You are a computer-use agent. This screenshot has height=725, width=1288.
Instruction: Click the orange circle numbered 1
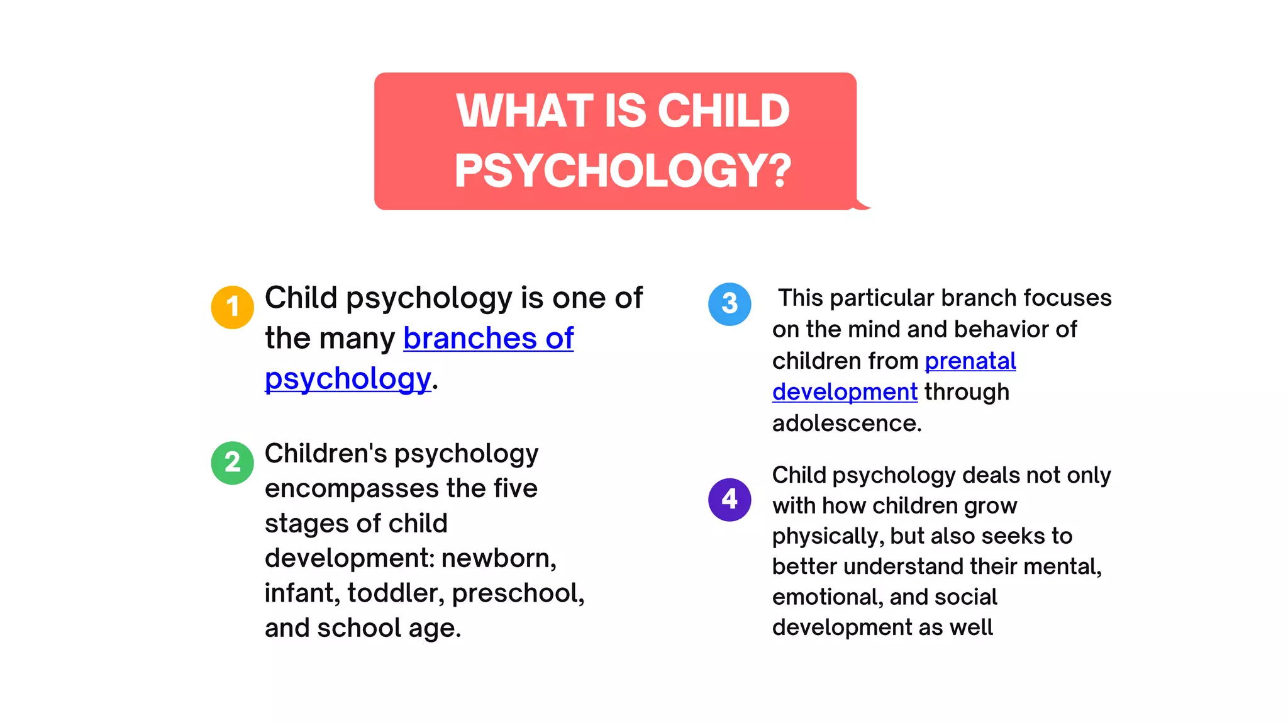pos(232,307)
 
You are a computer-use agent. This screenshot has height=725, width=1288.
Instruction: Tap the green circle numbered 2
pos(232,463)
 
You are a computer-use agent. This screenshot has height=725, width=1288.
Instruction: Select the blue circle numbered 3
pos(730,304)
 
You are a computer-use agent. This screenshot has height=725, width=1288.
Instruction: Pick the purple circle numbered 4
pos(730,500)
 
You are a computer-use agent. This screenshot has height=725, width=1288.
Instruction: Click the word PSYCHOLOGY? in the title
pos(623,171)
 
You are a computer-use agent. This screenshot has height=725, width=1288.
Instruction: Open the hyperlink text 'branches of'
pos(488,339)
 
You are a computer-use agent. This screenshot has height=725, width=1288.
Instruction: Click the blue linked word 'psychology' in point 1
pos(348,379)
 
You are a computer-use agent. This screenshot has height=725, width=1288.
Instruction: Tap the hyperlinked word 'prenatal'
pos(970,361)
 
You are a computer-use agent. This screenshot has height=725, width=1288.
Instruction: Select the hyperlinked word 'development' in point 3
pos(845,392)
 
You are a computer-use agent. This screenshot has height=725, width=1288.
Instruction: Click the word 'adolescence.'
pos(847,424)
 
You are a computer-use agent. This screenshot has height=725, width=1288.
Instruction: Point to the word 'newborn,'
pos(499,558)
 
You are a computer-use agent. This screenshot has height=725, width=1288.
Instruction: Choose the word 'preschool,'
pos(518,593)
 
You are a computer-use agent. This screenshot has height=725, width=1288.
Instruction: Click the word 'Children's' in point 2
pos(325,454)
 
